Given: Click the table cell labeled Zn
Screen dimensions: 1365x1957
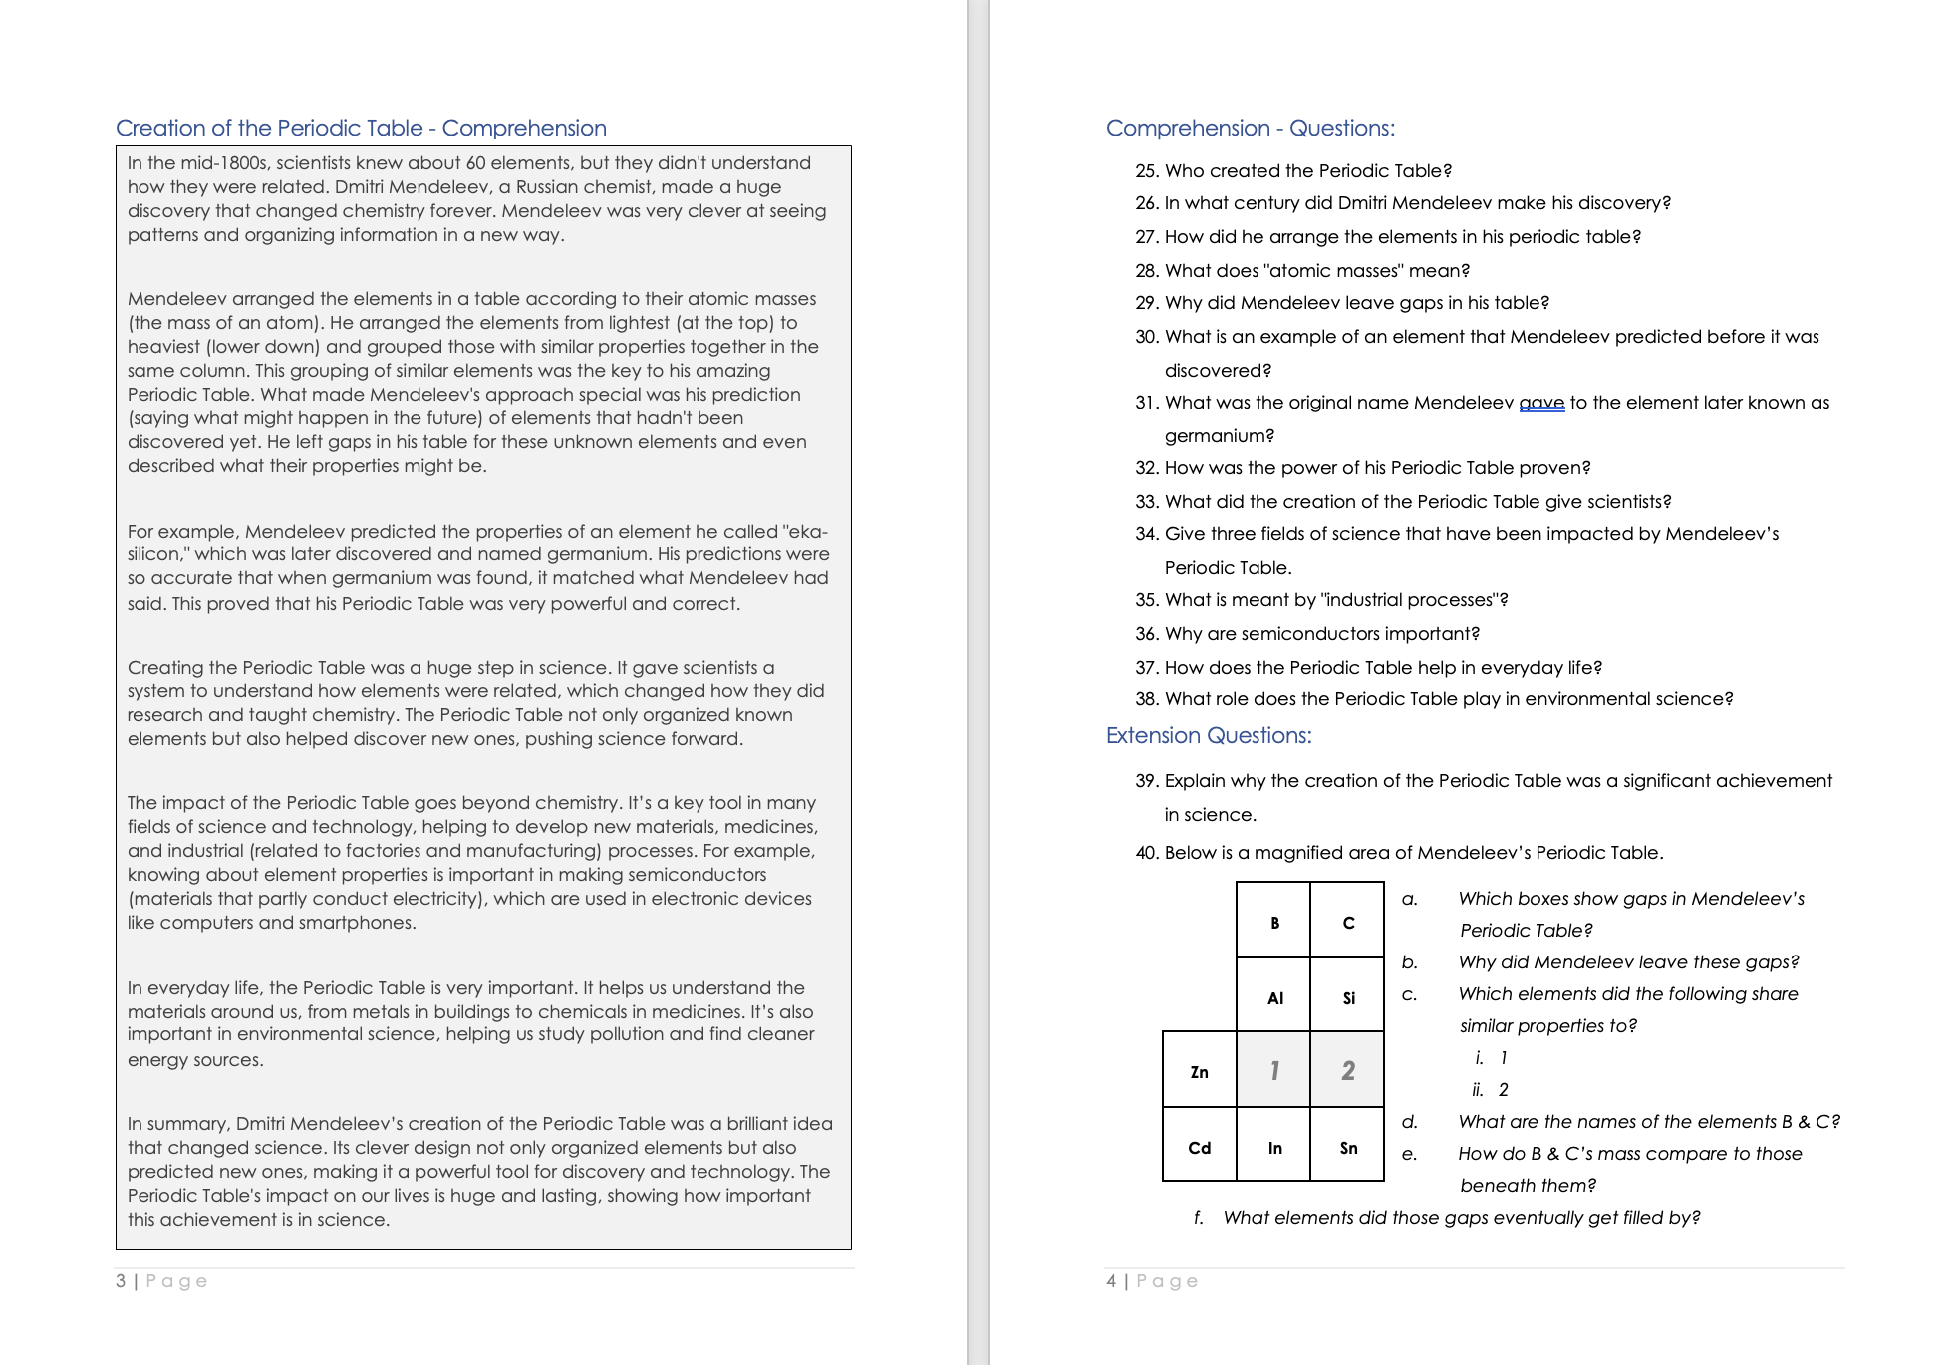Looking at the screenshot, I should (x=1199, y=1070).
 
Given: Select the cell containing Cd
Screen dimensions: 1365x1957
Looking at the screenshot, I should (x=1199, y=1146).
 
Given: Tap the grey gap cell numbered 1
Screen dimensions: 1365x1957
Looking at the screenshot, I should (x=1273, y=1070).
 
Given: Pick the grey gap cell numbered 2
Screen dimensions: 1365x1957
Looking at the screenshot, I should (x=1347, y=1070).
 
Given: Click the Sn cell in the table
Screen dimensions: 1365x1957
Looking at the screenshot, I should (x=1347, y=1146).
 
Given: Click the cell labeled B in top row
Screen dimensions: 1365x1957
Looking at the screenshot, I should (x=1273, y=921).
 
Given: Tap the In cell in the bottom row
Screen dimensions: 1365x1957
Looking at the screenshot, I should (x=1273, y=1146).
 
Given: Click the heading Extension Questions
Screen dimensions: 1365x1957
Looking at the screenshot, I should (x=1208, y=735).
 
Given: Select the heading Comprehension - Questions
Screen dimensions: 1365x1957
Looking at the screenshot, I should (x=1250, y=128).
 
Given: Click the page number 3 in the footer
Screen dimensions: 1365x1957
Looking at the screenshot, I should (x=121, y=1280).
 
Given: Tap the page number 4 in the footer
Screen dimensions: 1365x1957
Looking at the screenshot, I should (x=1111, y=1280).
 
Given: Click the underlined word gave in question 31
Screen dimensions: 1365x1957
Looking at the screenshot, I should (x=1540, y=403).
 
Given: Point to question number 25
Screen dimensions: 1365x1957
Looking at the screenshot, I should (x=1146, y=171).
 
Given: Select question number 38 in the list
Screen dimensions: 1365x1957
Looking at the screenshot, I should (x=1146, y=699).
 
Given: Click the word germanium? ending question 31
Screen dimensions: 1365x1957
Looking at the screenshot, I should (x=1219, y=436).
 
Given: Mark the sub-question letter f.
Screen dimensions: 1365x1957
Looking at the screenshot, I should (x=1198, y=1218).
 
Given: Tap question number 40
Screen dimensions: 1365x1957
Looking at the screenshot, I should (x=1146, y=853).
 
